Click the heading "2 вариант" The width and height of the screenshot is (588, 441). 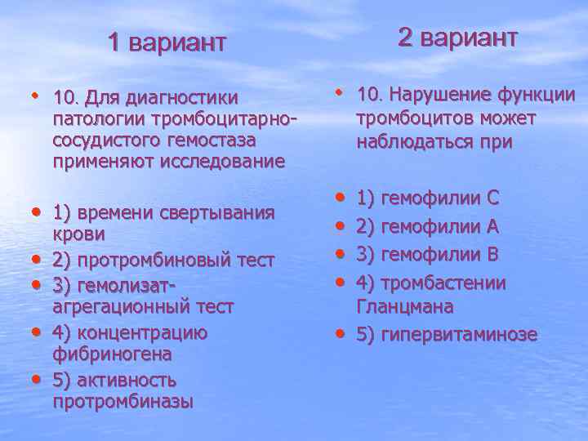(x=457, y=37)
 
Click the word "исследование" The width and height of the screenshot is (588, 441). (x=231, y=162)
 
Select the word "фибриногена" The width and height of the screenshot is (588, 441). (x=112, y=354)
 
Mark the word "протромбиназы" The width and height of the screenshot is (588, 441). (x=122, y=401)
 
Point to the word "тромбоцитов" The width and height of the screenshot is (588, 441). (x=410, y=119)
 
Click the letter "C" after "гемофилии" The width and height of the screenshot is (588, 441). (x=492, y=198)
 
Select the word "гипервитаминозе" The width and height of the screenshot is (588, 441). (x=460, y=334)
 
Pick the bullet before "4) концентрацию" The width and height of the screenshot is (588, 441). (x=37, y=332)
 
